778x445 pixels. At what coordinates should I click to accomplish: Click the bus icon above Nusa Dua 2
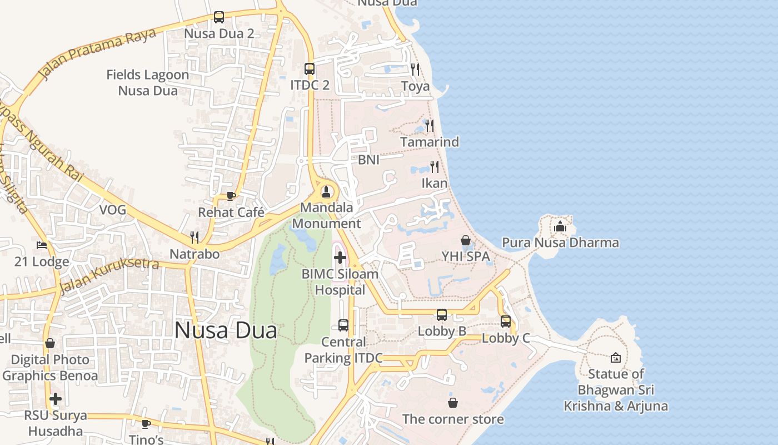click(x=219, y=17)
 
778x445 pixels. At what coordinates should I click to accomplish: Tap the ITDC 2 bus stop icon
click(x=310, y=69)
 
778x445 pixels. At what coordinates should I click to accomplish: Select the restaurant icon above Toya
click(x=415, y=70)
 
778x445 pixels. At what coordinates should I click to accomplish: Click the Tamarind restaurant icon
click(x=430, y=126)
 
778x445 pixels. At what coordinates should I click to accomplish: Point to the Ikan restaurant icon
click(x=435, y=166)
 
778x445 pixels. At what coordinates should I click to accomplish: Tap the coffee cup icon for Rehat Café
click(x=231, y=196)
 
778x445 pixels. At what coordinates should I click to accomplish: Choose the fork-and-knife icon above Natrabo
click(x=194, y=238)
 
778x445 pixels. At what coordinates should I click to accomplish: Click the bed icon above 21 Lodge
click(x=42, y=245)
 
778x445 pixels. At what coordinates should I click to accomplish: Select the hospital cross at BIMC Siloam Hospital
click(x=340, y=258)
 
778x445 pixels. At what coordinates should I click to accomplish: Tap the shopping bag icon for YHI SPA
click(x=466, y=240)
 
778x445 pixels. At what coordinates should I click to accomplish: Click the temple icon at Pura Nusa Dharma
click(x=560, y=226)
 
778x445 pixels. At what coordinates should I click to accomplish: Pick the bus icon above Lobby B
click(x=442, y=315)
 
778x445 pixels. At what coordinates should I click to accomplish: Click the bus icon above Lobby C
click(x=506, y=322)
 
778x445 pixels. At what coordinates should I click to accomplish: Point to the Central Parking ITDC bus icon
click(x=343, y=325)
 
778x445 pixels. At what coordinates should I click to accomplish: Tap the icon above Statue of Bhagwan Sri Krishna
click(x=616, y=358)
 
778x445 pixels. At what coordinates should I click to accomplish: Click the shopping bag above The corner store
click(x=453, y=402)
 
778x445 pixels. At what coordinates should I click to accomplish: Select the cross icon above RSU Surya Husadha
click(x=56, y=399)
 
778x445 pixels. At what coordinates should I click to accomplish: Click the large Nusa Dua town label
click(x=226, y=330)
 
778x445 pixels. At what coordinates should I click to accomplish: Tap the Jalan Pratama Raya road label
click(x=97, y=53)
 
